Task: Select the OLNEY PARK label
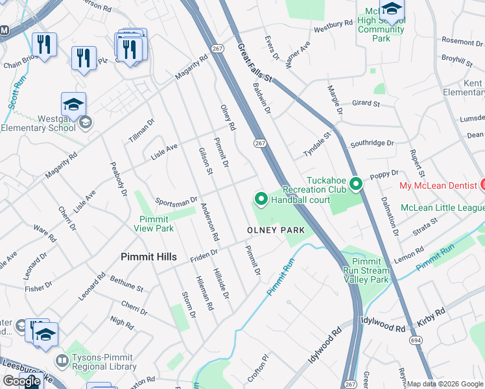pos(276,230)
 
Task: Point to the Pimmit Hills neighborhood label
pos(148,257)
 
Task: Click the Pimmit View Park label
pos(154,224)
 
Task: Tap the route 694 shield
pos(413,340)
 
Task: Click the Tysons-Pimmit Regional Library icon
pos(62,359)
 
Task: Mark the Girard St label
pos(365,103)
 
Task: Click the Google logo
pos(21,381)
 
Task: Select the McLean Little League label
pos(442,207)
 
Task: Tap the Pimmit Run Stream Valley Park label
pos(366,270)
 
